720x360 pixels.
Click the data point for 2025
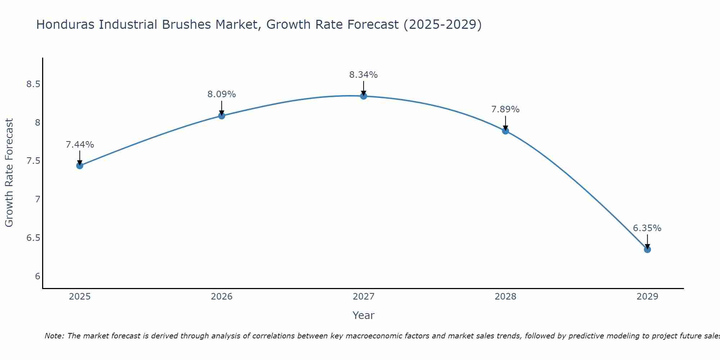pyautogui.click(x=80, y=166)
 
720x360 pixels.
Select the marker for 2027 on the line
pyautogui.click(x=364, y=96)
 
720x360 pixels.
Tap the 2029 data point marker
pyautogui.click(x=647, y=249)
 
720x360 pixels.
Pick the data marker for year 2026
pyautogui.click(x=222, y=116)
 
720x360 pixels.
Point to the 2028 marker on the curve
pyautogui.click(x=505, y=131)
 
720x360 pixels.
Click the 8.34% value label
pyautogui.click(x=364, y=75)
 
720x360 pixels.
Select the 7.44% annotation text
pyautogui.click(x=80, y=145)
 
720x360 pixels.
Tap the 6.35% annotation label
pyautogui.click(x=647, y=228)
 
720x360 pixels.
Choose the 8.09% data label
pyautogui.click(x=222, y=94)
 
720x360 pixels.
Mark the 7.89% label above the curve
pyautogui.click(x=505, y=109)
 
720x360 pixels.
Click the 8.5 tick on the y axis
pyautogui.click(x=33, y=85)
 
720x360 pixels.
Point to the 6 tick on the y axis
pyautogui.click(x=37, y=276)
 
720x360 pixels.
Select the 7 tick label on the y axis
pyautogui.click(x=37, y=199)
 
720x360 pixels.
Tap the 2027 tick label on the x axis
pyautogui.click(x=364, y=297)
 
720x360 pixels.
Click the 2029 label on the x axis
pyautogui.click(x=647, y=297)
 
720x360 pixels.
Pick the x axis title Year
pyautogui.click(x=364, y=315)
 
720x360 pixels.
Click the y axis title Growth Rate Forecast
pyautogui.click(x=9, y=173)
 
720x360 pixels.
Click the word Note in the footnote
pyautogui.click(x=54, y=336)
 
